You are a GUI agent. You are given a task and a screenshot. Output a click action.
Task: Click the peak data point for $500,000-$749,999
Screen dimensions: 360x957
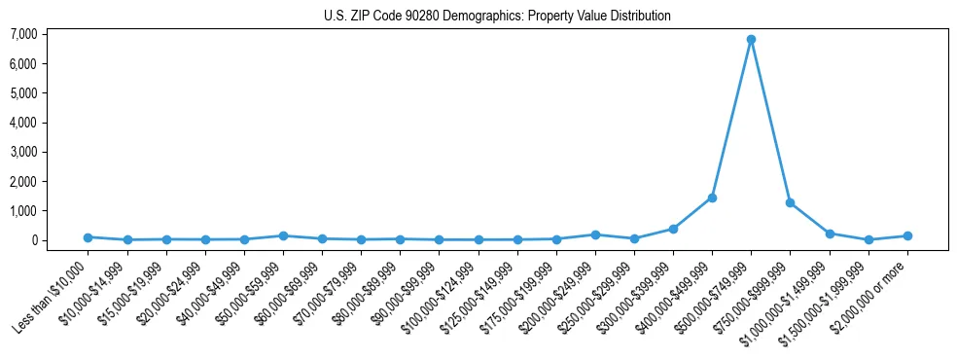click(x=751, y=40)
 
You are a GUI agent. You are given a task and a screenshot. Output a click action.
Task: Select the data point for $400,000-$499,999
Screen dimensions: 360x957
click(x=712, y=198)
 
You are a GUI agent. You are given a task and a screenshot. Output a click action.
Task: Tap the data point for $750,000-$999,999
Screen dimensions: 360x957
click(x=790, y=202)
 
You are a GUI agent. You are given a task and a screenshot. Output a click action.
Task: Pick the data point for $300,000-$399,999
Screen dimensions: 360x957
click(x=673, y=229)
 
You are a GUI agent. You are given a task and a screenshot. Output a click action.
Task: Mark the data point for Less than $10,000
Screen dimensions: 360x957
click(x=88, y=237)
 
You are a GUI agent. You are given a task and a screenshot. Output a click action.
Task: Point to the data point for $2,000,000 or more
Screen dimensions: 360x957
click(x=906, y=235)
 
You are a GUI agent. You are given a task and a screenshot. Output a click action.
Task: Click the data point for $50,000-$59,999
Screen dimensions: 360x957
click(x=283, y=235)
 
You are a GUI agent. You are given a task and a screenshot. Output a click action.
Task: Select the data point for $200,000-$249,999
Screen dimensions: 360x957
click(x=595, y=234)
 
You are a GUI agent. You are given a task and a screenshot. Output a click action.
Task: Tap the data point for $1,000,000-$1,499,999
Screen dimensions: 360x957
click(x=829, y=234)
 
